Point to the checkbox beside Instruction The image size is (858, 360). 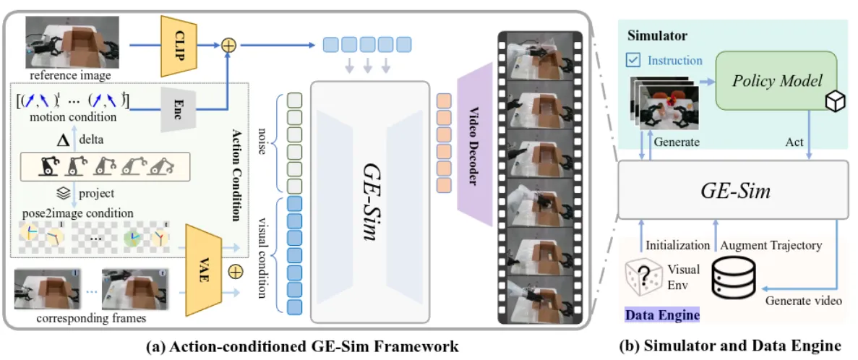coord(634,60)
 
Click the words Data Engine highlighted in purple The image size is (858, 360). coord(661,314)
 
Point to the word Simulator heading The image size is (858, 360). coord(657,35)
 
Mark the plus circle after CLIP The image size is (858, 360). coord(229,44)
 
